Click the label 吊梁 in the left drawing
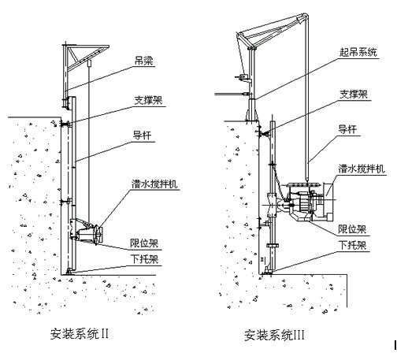tap(143, 61)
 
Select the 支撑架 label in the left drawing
tap(148, 100)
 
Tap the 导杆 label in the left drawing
tap(142, 135)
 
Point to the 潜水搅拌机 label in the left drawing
tap(154, 184)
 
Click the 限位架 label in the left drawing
tap(144, 243)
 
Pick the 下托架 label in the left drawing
tap(145, 259)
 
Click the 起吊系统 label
tap(358, 52)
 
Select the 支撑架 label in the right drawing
tap(354, 94)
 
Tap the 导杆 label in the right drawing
tap(347, 129)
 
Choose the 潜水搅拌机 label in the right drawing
tap(362, 169)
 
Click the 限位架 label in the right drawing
tap(352, 229)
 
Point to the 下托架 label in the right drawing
tap(353, 245)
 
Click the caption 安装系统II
tap(80, 334)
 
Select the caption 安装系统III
tap(274, 335)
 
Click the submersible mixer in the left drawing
tap(88, 232)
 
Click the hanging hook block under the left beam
tap(89, 63)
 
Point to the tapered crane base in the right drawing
tap(252, 109)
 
